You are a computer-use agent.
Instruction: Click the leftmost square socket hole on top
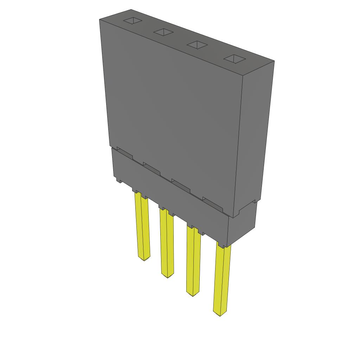click(x=133, y=21)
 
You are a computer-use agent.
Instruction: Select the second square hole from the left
click(x=163, y=32)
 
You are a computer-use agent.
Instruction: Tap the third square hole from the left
click(x=197, y=45)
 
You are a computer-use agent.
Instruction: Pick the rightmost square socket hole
click(x=234, y=59)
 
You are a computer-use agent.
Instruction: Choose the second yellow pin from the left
click(x=167, y=243)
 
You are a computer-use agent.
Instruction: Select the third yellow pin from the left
click(x=193, y=260)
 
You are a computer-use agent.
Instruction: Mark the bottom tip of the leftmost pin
click(x=144, y=259)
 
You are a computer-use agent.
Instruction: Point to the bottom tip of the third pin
click(x=192, y=295)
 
